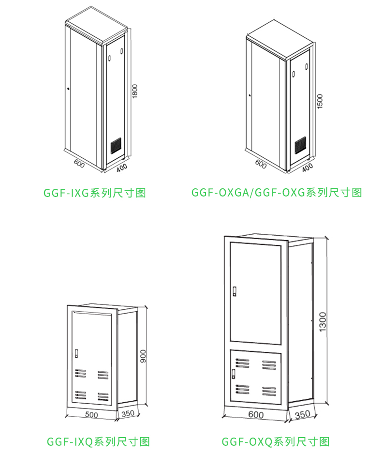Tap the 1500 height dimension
coord(319,101)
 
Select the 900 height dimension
coord(143,356)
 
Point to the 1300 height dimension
coord(323,322)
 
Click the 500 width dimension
coord(91,415)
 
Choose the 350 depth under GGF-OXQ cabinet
coord(302,415)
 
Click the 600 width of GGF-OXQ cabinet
coord(256,415)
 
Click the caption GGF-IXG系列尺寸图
coord(95,193)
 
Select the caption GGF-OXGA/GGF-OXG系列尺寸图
coord(276,193)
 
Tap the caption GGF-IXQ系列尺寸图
coord(98,441)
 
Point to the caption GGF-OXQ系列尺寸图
coord(275,441)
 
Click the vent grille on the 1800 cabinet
coord(116,145)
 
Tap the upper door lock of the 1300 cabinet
coord(235,291)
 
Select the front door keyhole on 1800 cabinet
coord(69,89)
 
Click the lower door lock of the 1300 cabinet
coord(233,373)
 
